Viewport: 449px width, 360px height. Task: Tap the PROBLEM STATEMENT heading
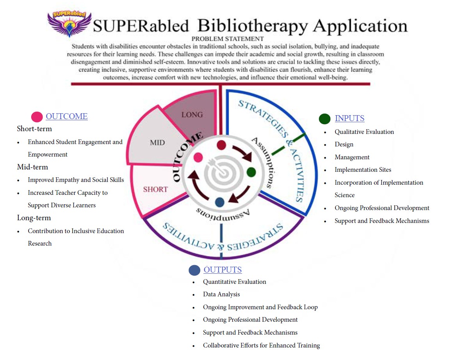[228, 39]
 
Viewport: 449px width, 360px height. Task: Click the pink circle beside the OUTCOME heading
[37, 117]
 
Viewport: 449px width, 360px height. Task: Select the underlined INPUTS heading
[349, 118]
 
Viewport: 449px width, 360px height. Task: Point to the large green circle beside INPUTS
[324, 119]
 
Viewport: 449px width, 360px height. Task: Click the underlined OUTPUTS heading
[223, 270]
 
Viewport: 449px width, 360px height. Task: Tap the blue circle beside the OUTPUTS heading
[194, 270]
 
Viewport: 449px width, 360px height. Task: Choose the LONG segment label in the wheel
[192, 114]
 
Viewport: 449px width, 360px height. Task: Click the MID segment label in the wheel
[157, 143]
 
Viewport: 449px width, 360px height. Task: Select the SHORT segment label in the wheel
[155, 189]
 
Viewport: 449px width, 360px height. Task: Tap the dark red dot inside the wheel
[221, 145]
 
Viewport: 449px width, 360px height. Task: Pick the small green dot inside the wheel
[251, 172]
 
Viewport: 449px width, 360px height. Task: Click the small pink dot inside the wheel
[198, 157]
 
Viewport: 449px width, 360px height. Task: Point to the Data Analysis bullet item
[221, 294]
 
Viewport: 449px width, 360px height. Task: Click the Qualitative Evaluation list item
[364, 132]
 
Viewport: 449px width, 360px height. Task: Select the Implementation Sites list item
[363, 170]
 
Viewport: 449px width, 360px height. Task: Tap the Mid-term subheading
[32, 167]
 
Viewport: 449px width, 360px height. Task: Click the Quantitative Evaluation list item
[234, 282]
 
